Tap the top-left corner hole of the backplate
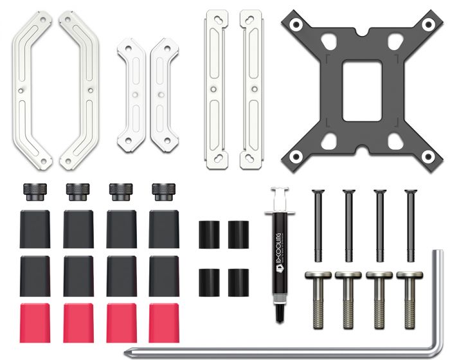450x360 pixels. point(296,25)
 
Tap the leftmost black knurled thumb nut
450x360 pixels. point(35,192)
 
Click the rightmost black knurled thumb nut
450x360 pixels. point(163,192)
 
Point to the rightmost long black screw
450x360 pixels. point(410,225)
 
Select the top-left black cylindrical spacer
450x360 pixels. point(209,235)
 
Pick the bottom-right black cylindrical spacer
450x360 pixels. point(239,282)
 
